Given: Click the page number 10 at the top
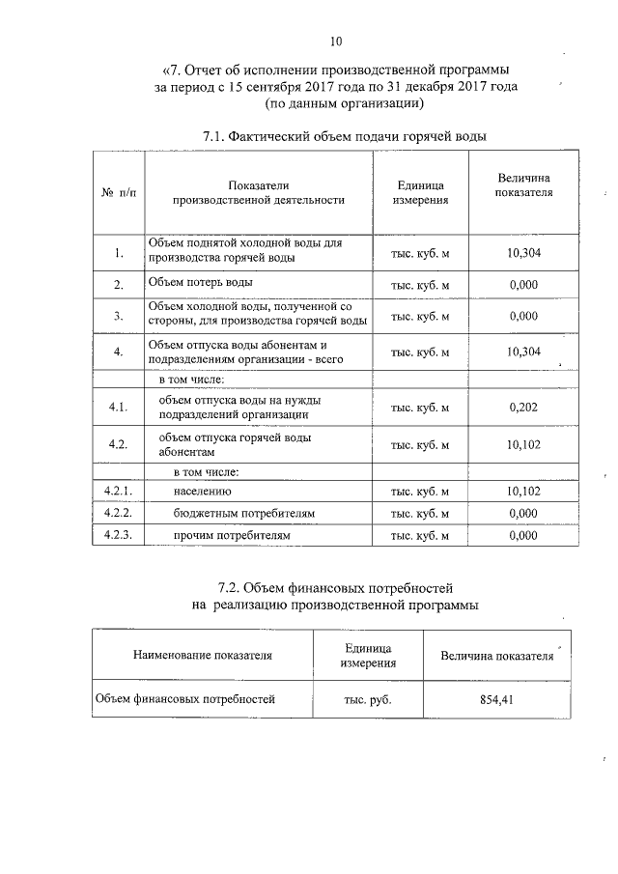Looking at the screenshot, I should point(335,41).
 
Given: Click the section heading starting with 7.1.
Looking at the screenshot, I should point(344,137).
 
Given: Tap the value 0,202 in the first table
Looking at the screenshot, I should point(522,408).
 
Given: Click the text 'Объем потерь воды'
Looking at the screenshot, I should point(200,283).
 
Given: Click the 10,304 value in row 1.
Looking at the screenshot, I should point(522,253).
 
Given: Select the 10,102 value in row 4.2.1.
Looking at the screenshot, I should point(522,492).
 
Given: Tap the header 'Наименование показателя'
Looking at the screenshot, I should point(203,655).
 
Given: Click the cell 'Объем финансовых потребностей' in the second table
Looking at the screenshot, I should point(184,696).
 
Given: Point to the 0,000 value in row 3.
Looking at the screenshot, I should point(522,315).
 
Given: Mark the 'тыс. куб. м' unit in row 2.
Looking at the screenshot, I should point(419,285).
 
